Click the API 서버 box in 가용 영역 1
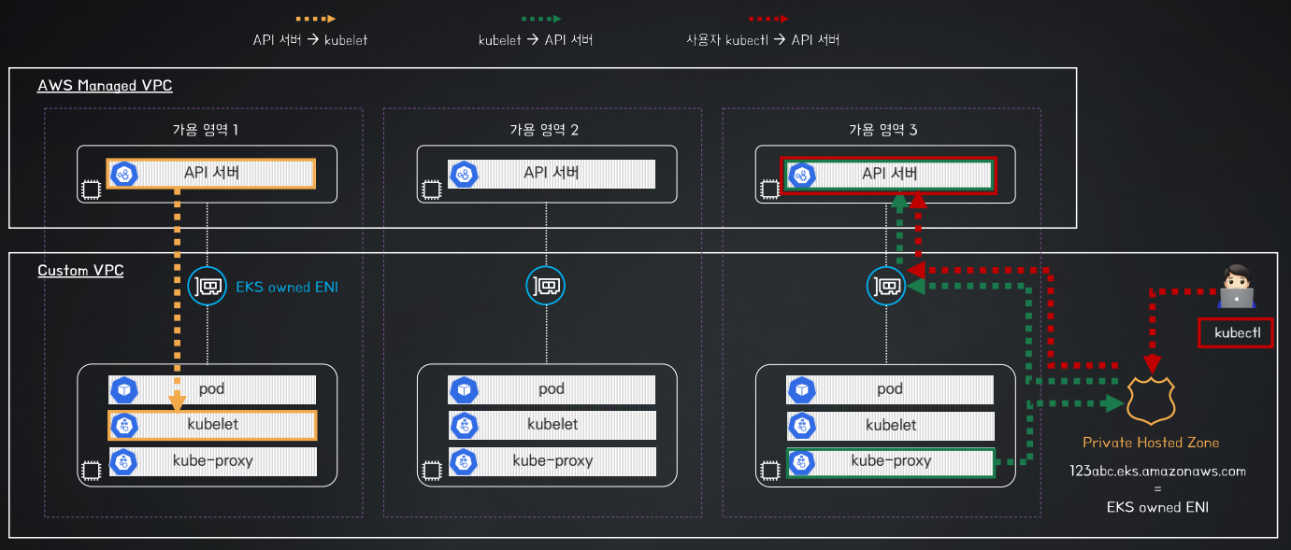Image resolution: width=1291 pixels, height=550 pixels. (211, 174)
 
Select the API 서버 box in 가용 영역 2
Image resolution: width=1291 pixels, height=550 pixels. (552, 174)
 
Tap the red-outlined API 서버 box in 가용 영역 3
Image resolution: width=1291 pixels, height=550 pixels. (888, 175)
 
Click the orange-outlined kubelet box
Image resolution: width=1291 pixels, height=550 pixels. (212, 425)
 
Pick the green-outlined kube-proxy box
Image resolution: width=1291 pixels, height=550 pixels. (891, 462)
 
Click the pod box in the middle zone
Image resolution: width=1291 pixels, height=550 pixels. (552, 390)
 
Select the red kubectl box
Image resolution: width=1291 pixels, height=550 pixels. (1236, 332)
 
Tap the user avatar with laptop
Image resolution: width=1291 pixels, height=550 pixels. (1236, 287)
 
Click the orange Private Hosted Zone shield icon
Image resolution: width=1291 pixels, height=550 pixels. (1151, 401)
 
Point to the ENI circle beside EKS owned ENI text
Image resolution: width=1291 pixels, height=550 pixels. (207, 286)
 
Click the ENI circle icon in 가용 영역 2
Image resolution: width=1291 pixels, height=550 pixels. (545, 286)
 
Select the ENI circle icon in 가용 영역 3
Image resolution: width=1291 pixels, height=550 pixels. (886, 286)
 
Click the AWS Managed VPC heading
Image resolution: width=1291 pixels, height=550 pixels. (105, 86)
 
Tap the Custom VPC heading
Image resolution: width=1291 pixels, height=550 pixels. (80, 271)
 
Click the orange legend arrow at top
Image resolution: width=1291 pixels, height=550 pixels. (315, 19)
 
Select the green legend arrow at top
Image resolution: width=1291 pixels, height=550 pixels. (541, 19)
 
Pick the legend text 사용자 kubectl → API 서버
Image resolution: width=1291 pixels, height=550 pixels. (763, 40)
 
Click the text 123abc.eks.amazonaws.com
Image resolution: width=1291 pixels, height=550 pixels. (1157, 472)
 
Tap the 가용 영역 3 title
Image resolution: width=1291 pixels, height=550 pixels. (883, 130)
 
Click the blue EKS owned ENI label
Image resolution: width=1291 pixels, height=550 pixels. (287, 287)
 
